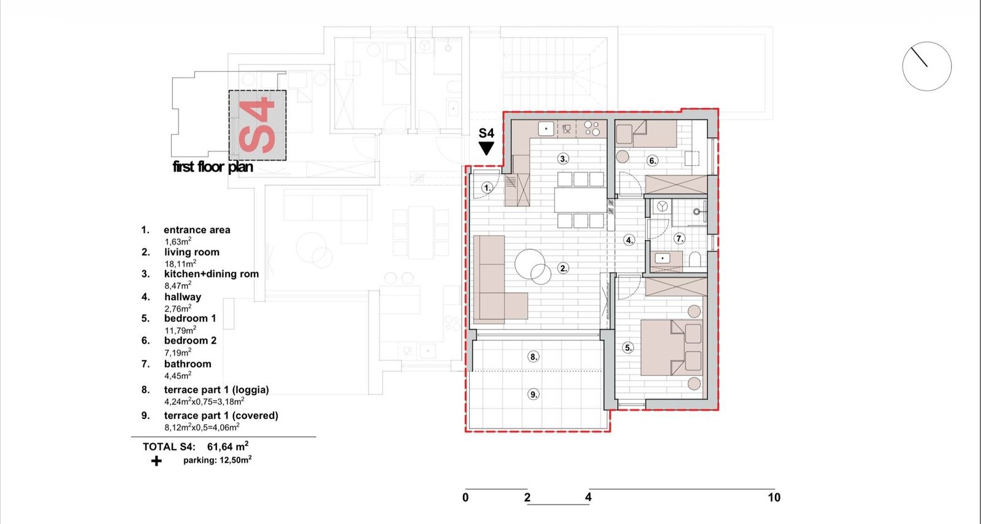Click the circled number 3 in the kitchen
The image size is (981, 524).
[563, 158]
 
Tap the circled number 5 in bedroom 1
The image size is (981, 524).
[628, 348]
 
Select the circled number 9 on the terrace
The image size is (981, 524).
[533, 395]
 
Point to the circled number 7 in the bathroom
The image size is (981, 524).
[679, 239]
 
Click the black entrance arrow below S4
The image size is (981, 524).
[486, 148]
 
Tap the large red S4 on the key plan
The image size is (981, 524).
[257, 125]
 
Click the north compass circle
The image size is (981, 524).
[926, 67]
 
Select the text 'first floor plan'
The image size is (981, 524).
[213, 166]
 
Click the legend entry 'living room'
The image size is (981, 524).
[192, 252]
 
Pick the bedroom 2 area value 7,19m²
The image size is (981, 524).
[178, 352]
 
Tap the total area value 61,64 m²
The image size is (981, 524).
[227, 447]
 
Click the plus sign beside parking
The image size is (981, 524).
[156, 461]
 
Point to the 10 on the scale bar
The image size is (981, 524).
[774, 497]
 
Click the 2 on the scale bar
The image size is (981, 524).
[527, 497]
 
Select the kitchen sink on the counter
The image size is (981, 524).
[546, 129]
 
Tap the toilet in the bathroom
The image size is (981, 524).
[695, 260]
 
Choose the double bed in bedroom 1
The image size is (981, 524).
[671, 347]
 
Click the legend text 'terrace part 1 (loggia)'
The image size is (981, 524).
[216, 390]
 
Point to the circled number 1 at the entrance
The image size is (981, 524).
[487, 188]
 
